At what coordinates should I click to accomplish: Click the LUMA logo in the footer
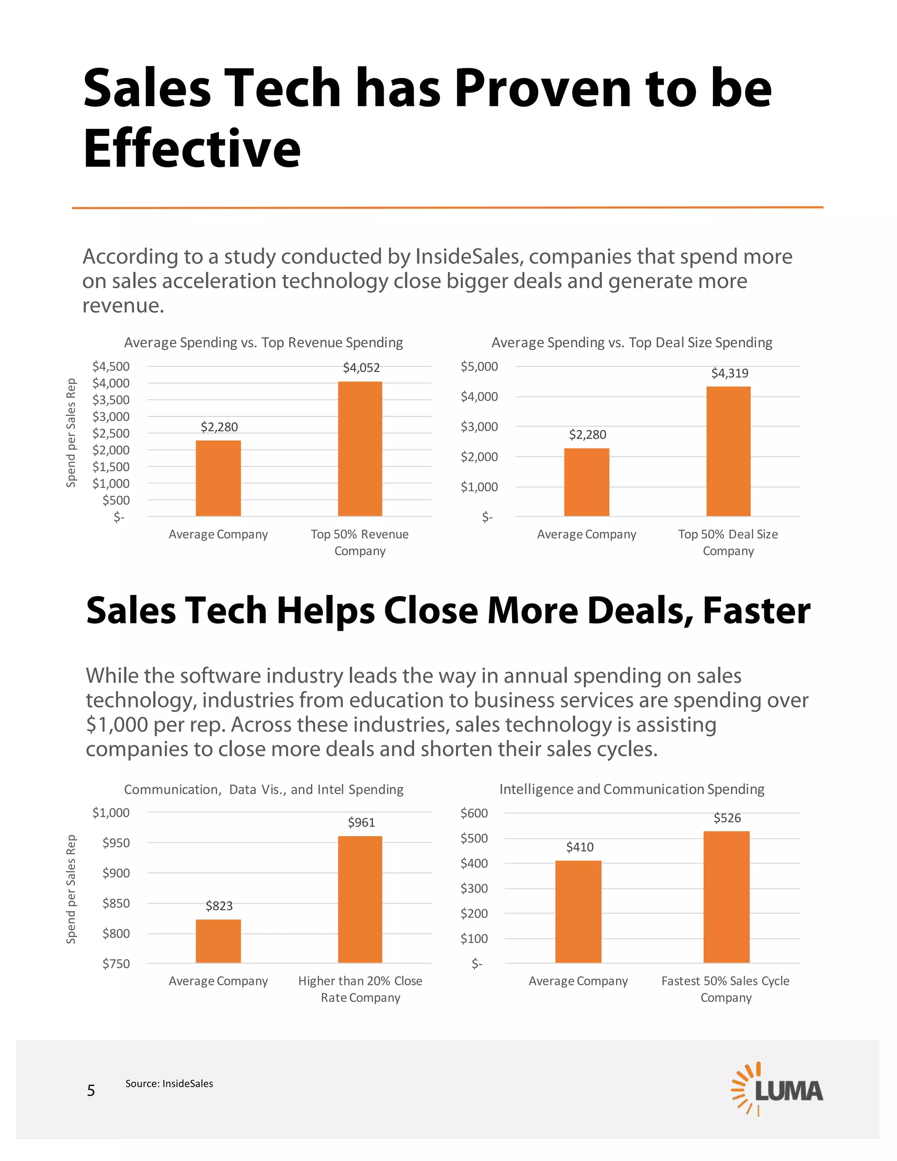tap(777, 1089)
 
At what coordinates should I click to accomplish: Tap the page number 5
tap(91, 1090)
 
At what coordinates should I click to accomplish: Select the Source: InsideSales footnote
tap(169, 1083)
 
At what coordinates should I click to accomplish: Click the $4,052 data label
tap(361, 368)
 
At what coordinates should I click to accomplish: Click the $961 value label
tap(361, 822)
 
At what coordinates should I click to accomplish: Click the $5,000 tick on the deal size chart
tap(479, 366)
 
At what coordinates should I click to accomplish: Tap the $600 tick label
tap(473, 813)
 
